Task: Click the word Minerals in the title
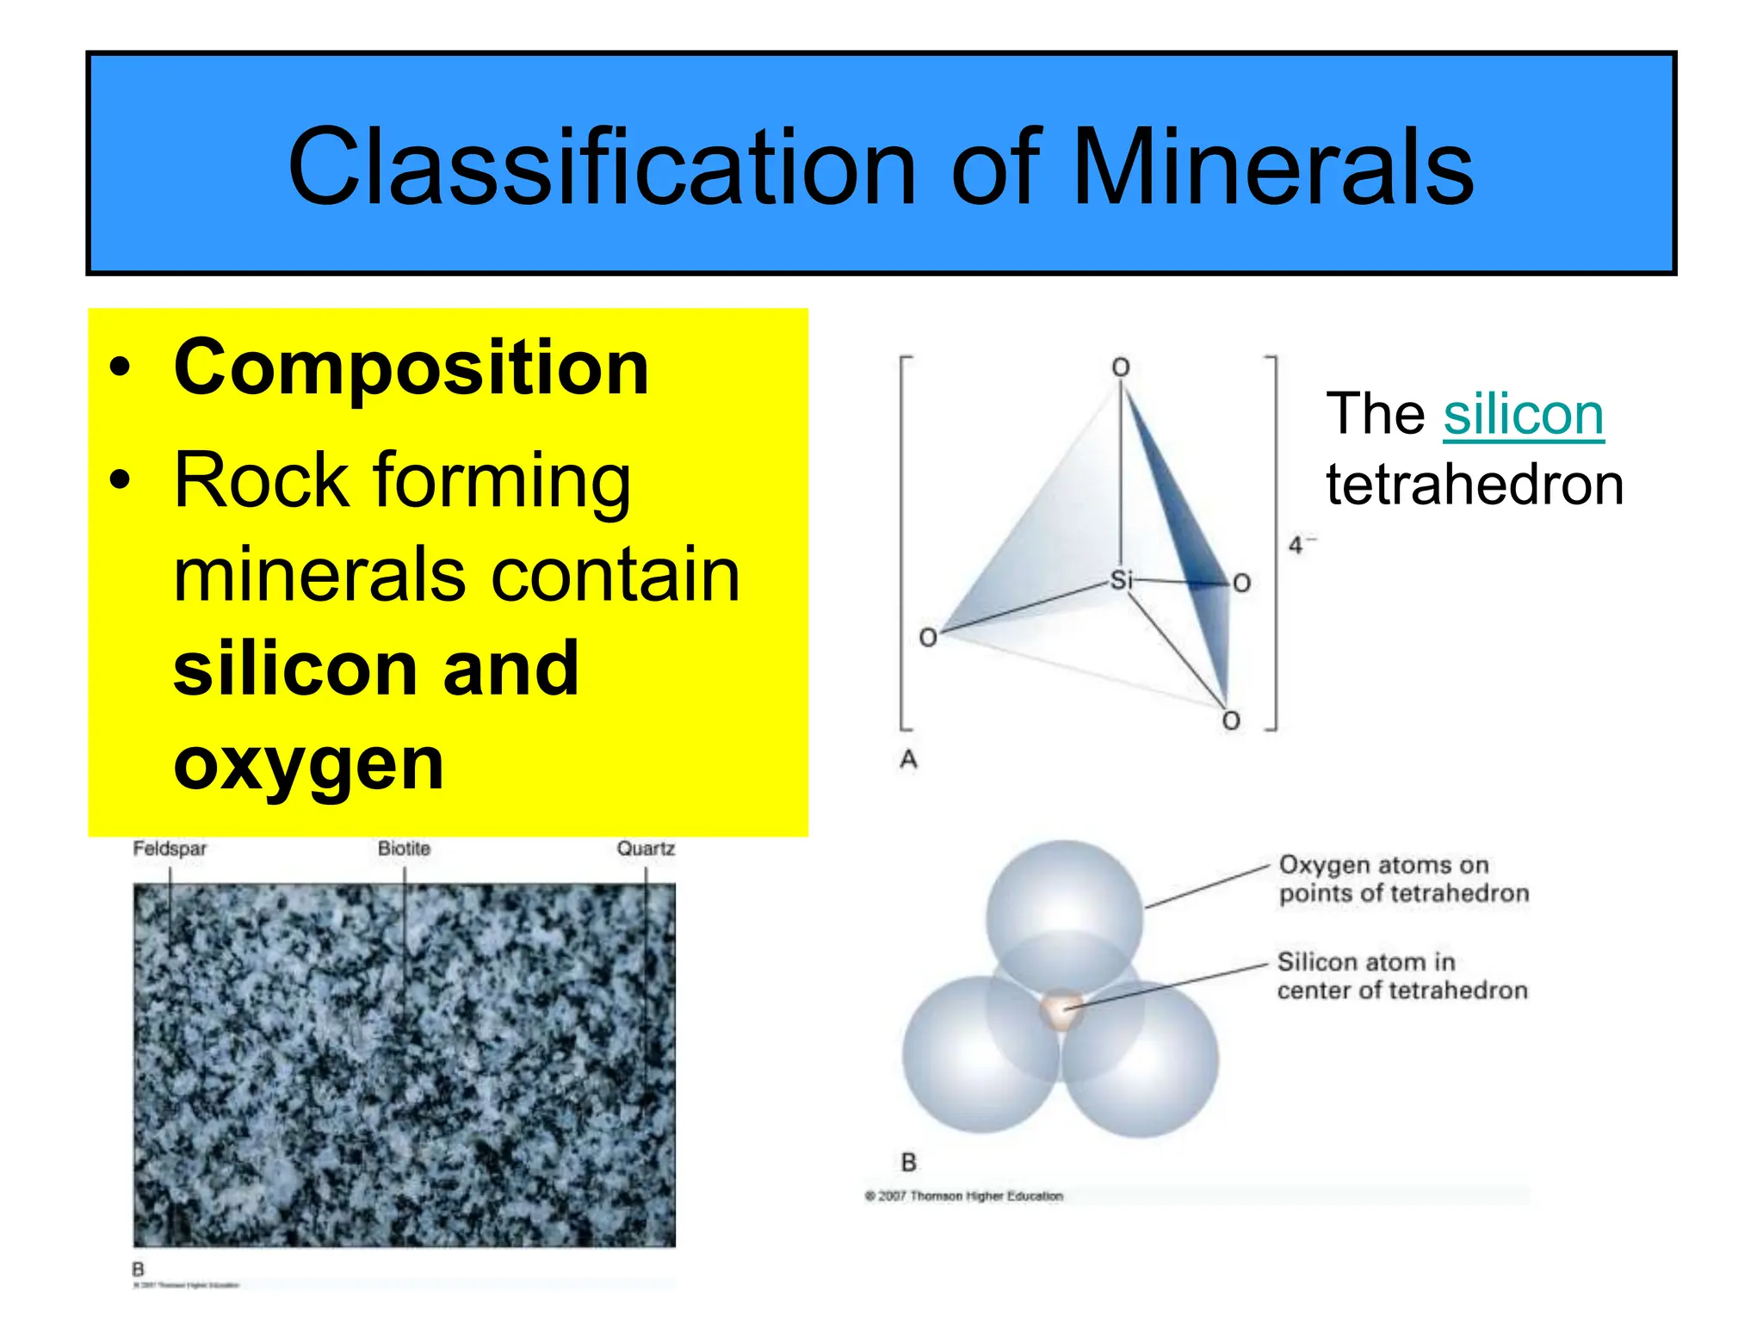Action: pyautogui.click(x=1274, y=168)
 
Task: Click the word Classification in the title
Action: pyautogui.click(x=603, y=168)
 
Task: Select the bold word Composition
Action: pyautogui.click(x=411, y=368)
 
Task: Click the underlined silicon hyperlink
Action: pyautogui.click(x=1523, y=415)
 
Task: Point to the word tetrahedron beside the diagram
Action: pyautogui.click(x=1474, y=485)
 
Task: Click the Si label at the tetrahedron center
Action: pyautogui.click(x=1120, y=580)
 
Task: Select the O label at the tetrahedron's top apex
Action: pyautogui.click(x=1120, y=368)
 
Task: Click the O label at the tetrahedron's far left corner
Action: pyautogui.click(x=928, y=638)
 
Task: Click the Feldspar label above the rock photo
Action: pyautogui.click(x=170, y=849)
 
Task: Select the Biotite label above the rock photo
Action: pyautogui.click(x=404, y=849)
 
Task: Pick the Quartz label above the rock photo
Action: pyautogui.click(x=646, y=849)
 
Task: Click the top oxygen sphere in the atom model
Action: pyautogui.click(x=1064, y=904)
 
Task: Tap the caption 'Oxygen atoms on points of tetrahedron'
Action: pyautogui.click(x=1403, y=879)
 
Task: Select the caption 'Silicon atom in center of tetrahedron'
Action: pyautogui.click(x=1401, y=976)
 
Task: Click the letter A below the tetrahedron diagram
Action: pyautogui.click(x=908, y=760)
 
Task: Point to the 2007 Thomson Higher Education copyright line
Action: pyautogui.click(x=964, y=1196)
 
